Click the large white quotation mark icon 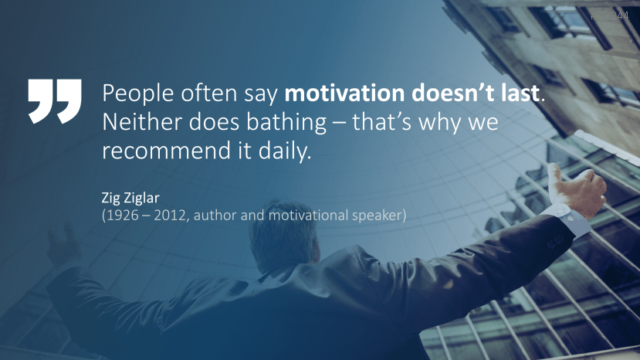[54, 100]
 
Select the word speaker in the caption [376, 215]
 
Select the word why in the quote [435, 123]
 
